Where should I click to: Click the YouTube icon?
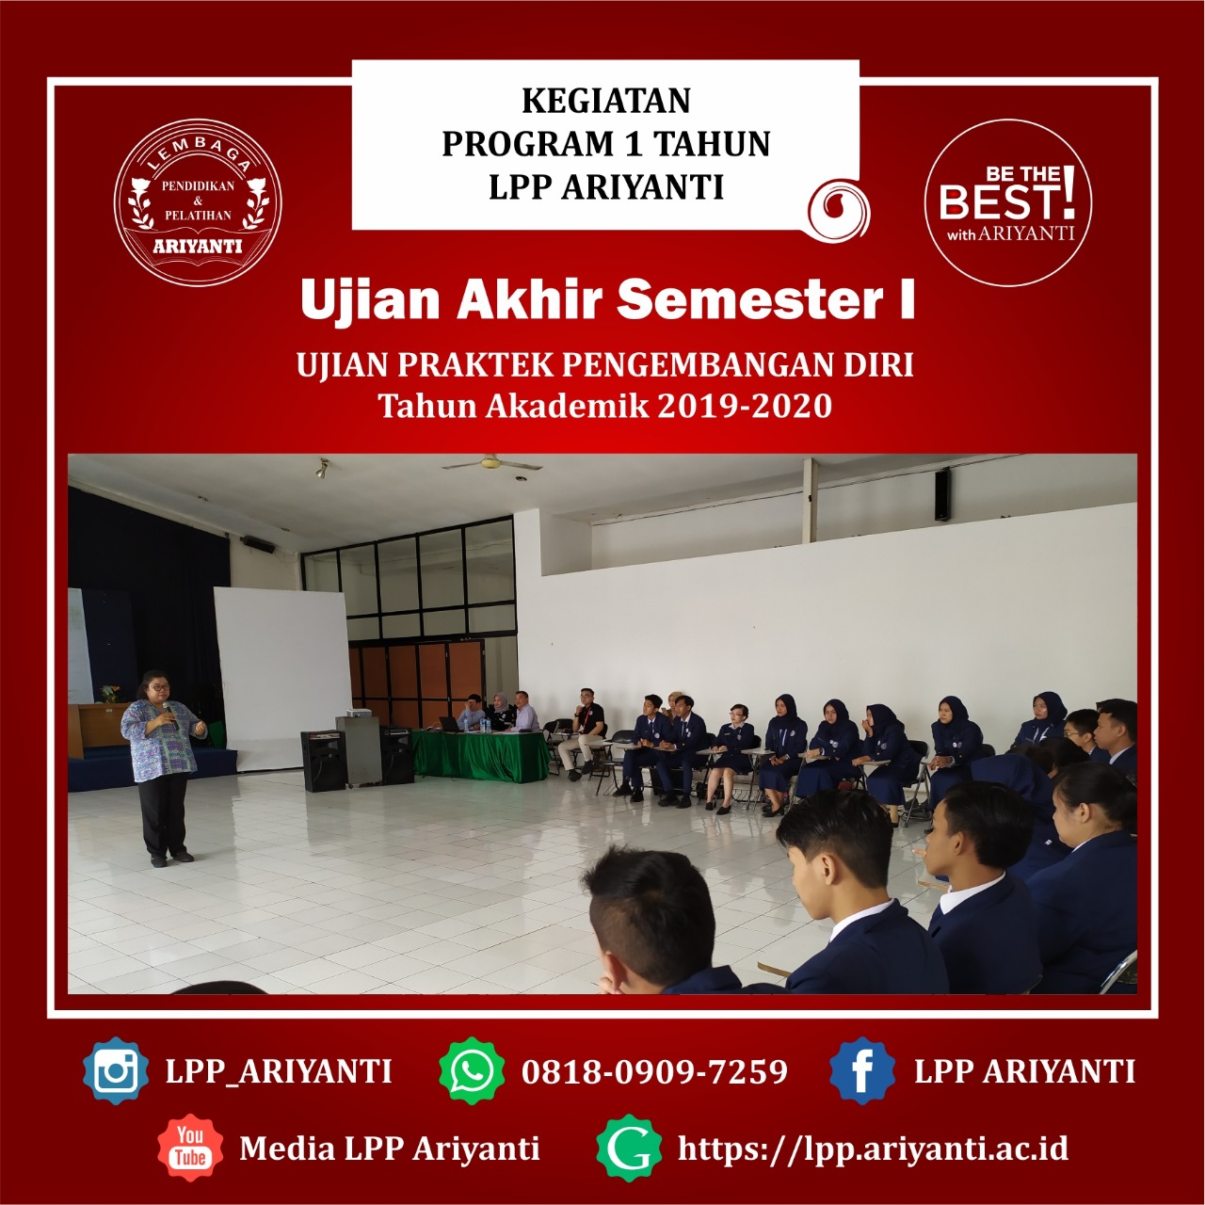[190, 1148]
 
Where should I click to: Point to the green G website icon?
[629, 1148]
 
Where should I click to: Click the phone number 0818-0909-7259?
[654, 1071]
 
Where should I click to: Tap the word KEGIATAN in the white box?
[606, 102]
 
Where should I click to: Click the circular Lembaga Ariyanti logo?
[198, 202]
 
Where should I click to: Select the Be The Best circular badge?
[1008, 202]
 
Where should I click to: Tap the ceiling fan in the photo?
[491, 463]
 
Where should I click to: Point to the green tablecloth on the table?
[479, 756]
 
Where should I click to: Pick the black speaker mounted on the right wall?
[942, 494]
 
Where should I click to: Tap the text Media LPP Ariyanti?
[390, 1149]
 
